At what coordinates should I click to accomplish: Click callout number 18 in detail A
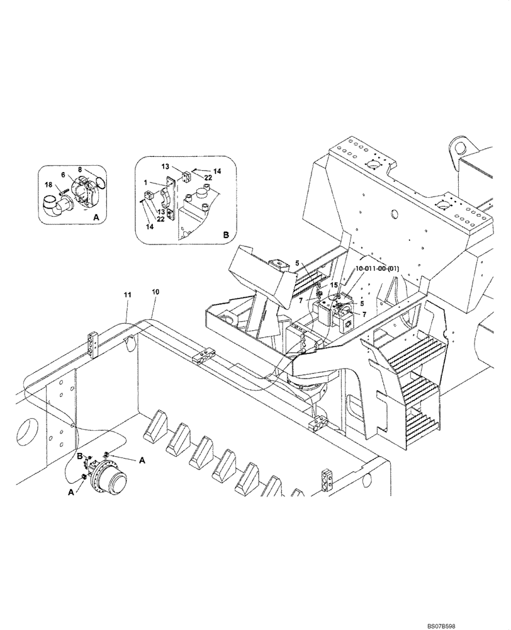(48, 185)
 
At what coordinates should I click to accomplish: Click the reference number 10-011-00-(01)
(377, 269)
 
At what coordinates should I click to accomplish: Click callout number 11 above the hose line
(127, 294)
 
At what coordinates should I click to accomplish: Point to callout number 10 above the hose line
(155, 292)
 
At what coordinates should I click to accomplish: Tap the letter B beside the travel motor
(80, 455)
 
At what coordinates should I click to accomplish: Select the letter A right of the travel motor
(142, 461)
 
